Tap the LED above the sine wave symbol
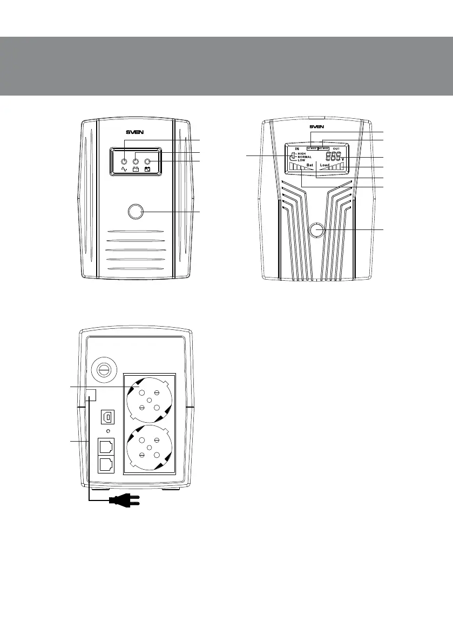124,161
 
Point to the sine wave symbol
124,170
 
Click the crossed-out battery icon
147,170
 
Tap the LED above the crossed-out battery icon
147,161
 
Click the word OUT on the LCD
336,148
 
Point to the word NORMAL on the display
305,157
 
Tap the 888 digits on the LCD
333,156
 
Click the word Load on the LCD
324,165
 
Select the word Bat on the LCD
309,165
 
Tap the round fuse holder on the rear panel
103,370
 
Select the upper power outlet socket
149,400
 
